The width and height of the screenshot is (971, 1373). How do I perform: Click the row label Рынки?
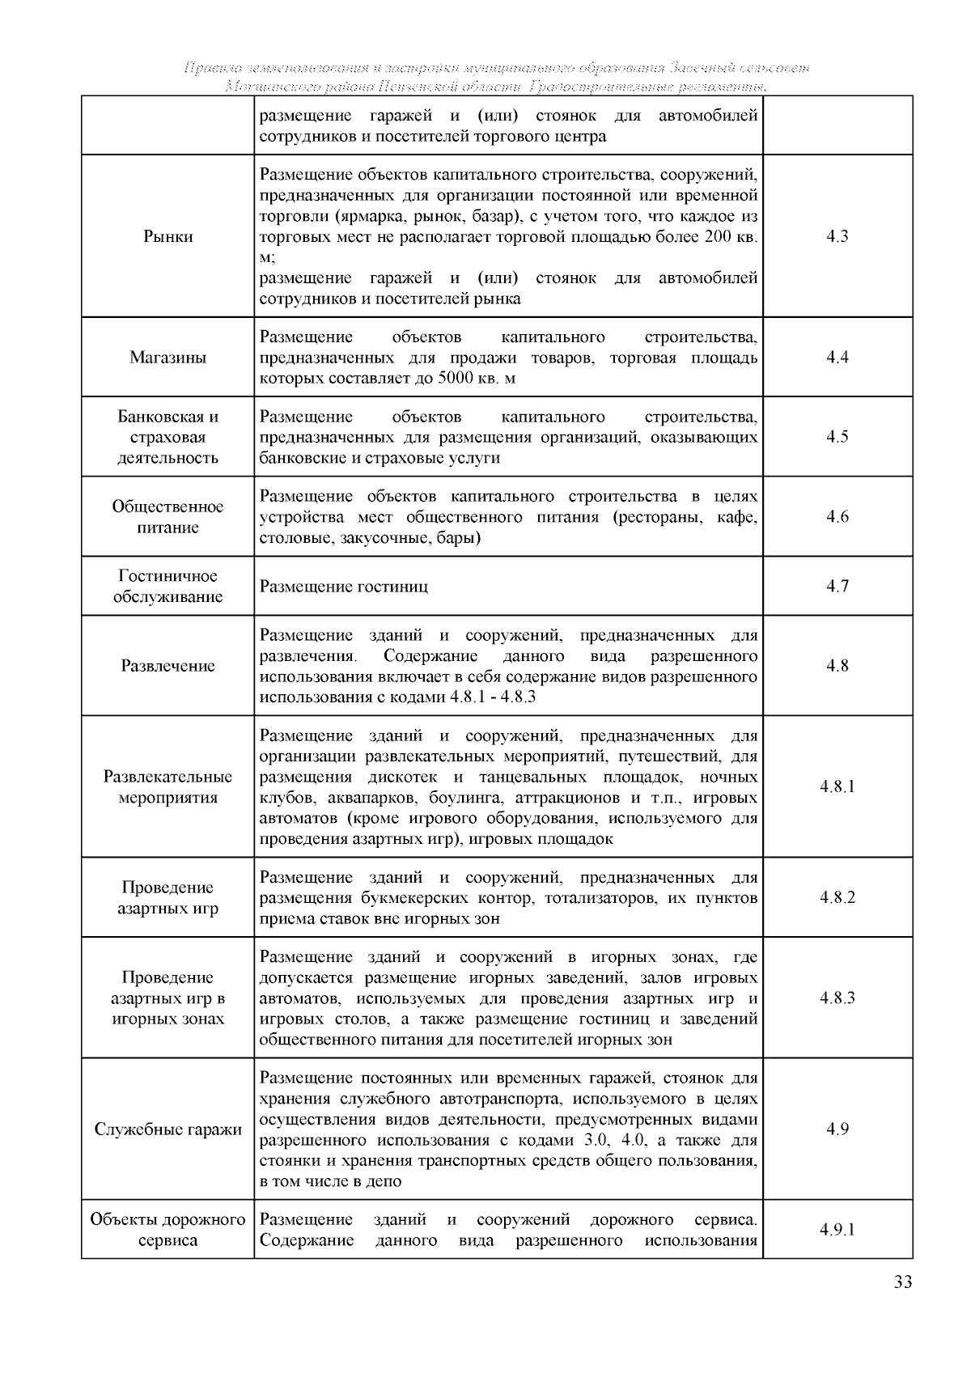(x=168, y=236)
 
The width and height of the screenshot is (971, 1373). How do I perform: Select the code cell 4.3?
(x=837, y=236)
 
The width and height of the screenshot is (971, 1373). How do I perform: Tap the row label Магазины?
(x=168, y=358)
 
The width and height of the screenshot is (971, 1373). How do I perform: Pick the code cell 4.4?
(x=837, y=358)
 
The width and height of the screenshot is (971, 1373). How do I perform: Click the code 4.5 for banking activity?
(x=837, y=437)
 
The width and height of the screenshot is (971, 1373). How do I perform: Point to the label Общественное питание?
(x=168, y=517)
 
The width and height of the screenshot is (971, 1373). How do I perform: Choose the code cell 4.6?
(x=837, y=517)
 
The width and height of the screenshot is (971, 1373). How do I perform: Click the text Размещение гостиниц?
(x=344, y=587)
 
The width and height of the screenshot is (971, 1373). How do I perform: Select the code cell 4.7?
(x=837, y=587)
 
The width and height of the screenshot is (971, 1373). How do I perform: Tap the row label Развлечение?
(x=168, y=666)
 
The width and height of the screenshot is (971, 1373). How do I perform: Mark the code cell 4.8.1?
(x=837, y=786)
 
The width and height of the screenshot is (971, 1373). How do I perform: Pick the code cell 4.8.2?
(x=837, y=897)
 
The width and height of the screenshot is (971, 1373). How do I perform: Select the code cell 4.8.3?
(x=837, y=998)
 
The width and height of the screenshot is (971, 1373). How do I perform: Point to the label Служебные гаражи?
(x=168, y=1129)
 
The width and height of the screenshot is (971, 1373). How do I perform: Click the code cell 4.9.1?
(x=837, y=1230)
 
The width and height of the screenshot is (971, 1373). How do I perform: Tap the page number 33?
(x=903, y=1282)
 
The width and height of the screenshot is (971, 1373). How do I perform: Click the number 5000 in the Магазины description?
(x=455, y=379)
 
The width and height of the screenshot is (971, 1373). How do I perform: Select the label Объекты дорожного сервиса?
(x=168, y=1230)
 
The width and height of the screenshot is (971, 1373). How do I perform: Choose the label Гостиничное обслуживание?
(x=168, y=587)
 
